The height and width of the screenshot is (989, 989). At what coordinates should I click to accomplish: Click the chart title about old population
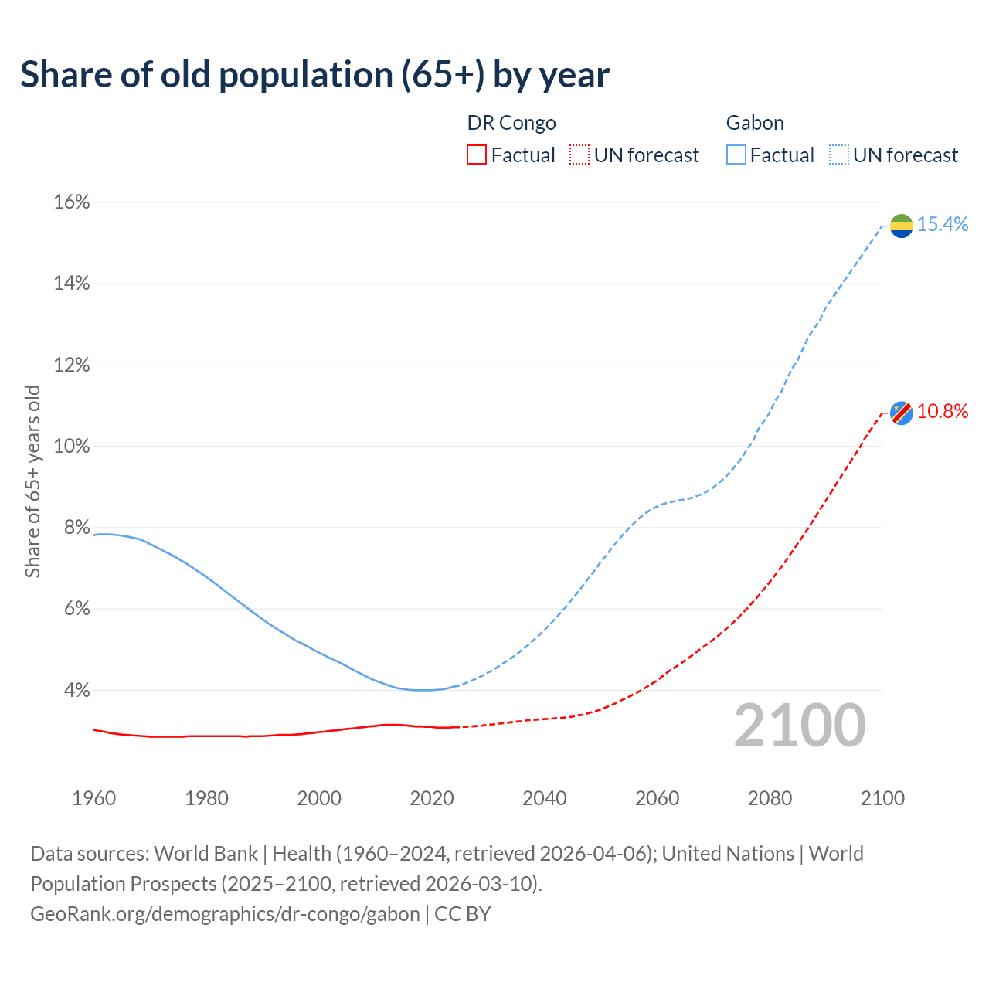[314, 75]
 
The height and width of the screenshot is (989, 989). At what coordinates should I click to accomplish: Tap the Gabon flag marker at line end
[901, 226]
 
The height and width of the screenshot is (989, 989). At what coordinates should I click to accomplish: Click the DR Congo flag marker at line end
[901, 413]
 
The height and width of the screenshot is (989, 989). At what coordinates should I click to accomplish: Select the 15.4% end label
[943, 225]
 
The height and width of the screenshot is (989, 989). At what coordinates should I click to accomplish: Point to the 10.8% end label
[943, 412]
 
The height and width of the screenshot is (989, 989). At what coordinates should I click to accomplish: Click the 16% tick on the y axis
[72, 202]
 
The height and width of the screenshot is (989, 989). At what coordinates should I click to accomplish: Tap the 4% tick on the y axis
[76, 690]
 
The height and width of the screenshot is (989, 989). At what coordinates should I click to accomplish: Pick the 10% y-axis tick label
[72, 447]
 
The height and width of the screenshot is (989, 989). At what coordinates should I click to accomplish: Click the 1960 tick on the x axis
[93, 798]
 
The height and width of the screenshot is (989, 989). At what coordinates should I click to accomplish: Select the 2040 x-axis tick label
[545, 798]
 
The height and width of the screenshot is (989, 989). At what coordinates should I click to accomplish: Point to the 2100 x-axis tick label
[882, 798]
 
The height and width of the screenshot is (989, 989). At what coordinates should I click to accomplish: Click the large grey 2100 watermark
[800, 726]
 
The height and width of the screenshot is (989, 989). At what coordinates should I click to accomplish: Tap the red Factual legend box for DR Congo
[477, 155]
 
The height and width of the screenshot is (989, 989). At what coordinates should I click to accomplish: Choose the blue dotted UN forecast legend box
[839, 155]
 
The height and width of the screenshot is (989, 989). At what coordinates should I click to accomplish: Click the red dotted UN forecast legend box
[579, 155]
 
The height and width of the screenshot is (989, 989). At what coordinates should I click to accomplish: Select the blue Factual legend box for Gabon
[736, 155]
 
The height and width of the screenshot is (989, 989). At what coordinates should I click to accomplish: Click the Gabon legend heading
[755, 123]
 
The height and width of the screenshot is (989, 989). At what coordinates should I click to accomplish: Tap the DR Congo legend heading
[511, 123]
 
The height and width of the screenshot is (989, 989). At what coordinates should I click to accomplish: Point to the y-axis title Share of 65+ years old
[32, 481]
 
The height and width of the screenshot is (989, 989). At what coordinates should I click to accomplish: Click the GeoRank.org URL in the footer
[225, 914]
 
